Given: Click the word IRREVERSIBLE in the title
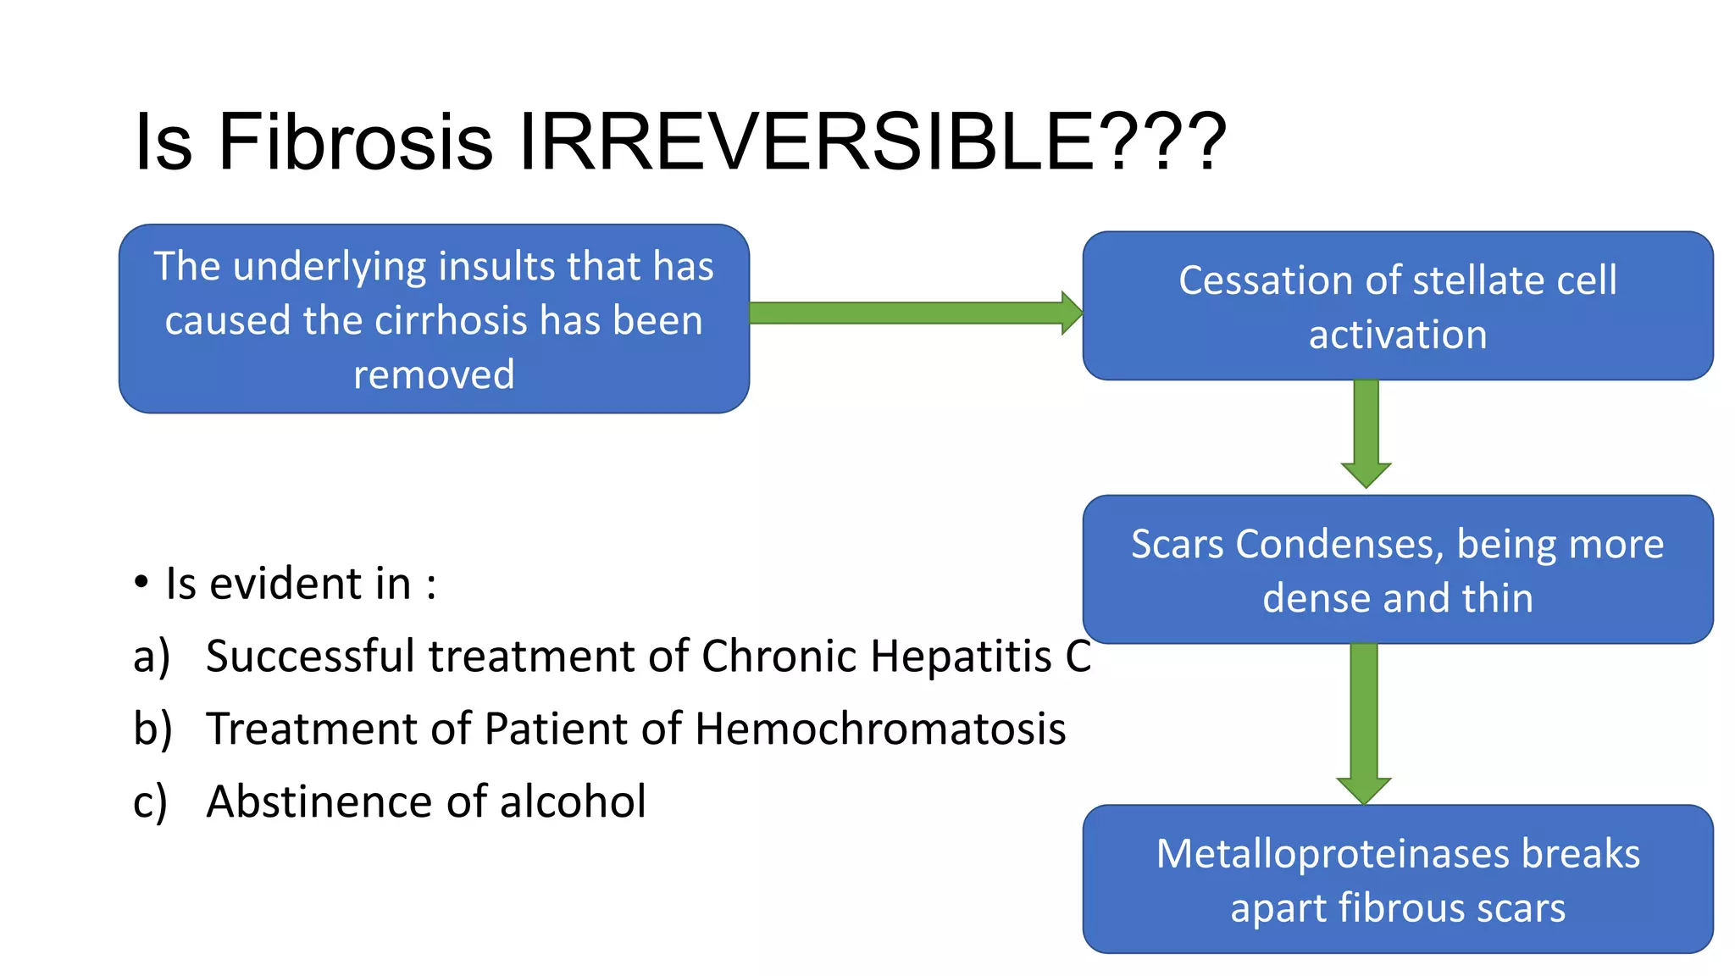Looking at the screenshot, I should (x=805, y=141).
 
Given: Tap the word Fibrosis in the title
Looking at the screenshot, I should (x=355, y=141).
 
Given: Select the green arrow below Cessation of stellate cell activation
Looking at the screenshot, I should (x=1366, y=432).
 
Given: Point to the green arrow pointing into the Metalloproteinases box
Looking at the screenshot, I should (x=1364, y=720).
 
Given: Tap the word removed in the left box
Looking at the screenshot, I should (x=434, y=374).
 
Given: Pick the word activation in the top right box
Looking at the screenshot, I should (x=1398, y=335).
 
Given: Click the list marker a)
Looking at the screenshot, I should (x=151, y=657).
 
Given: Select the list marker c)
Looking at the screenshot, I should (x=150, y=802).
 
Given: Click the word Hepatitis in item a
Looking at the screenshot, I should (x=961, y=657).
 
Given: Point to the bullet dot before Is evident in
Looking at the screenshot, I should (x=141, y=583).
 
